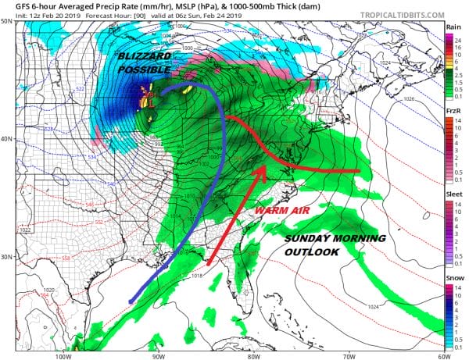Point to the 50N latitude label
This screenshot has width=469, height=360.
click(7, 22)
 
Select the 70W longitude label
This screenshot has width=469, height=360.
click(347, 356)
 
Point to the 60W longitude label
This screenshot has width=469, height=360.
click(442, 356)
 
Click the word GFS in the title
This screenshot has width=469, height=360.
click(13, 6)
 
